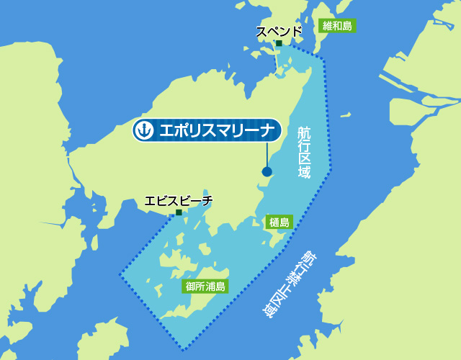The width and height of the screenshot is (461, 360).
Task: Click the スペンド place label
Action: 279,32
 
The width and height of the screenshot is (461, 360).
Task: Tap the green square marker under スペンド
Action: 279,44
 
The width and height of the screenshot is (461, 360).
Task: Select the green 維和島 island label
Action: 337,26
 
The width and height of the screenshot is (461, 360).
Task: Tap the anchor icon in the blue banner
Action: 145,130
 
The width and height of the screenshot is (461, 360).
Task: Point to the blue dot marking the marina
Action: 267,171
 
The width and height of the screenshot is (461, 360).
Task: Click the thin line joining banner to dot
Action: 267,154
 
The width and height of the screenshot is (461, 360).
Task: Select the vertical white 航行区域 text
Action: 305,151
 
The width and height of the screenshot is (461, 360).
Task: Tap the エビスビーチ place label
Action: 179,201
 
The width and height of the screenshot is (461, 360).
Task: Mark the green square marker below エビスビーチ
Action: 179,212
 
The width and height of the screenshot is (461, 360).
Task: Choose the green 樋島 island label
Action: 279,222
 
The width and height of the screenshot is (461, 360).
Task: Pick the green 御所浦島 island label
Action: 205,287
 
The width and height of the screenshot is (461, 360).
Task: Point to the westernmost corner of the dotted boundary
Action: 120,274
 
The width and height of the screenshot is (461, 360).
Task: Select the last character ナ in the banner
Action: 266,130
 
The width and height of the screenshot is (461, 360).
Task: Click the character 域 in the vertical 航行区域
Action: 305,173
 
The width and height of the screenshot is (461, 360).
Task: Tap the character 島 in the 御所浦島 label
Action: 220,287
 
